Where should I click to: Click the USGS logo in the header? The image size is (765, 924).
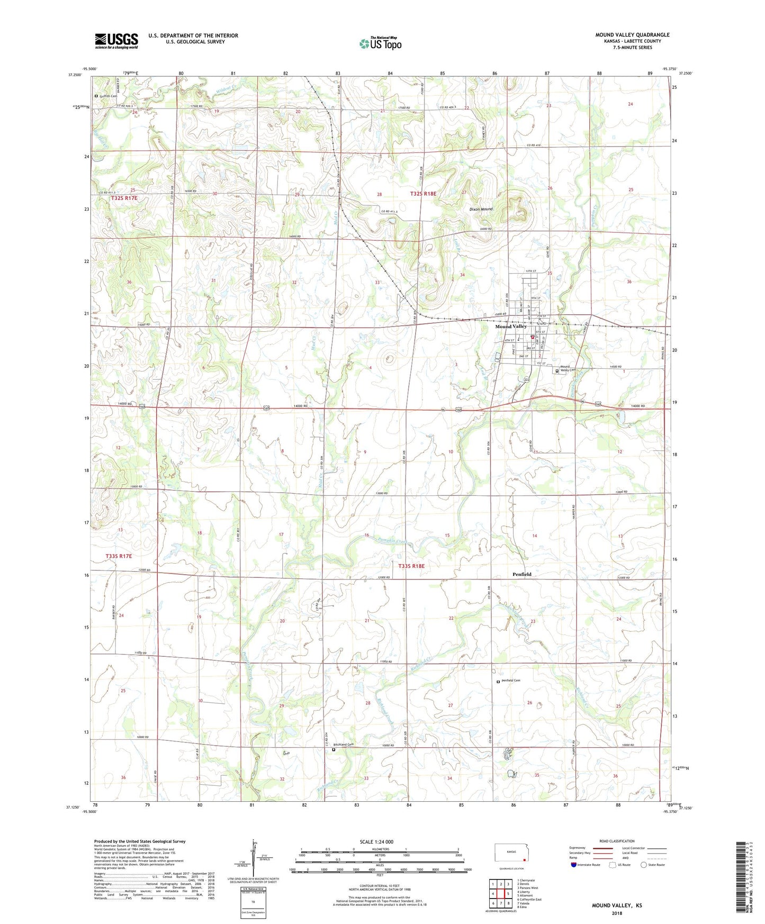pos(116,41)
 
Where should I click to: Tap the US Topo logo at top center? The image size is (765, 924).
pos(380,43)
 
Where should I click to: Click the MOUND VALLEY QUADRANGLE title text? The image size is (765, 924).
pos(632,35)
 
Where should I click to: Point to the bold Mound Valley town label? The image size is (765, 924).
pos(511,327)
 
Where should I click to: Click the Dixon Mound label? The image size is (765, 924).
pos(481,209)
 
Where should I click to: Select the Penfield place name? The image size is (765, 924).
pos(521,574)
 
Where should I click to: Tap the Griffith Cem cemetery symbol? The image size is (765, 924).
pos(97,96)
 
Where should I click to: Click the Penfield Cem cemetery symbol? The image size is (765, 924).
pos(498,682)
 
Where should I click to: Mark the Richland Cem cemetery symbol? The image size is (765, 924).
pos(334,749)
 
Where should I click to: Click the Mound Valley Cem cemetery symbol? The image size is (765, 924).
pos(557,371)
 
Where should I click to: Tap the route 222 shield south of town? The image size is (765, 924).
pos(526,380)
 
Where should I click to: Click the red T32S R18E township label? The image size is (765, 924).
pos(423,194)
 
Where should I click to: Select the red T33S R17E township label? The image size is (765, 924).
pos(118,556)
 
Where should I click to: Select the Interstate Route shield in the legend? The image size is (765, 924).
pos(573,865)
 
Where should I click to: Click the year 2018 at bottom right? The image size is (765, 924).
pos(616,913)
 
